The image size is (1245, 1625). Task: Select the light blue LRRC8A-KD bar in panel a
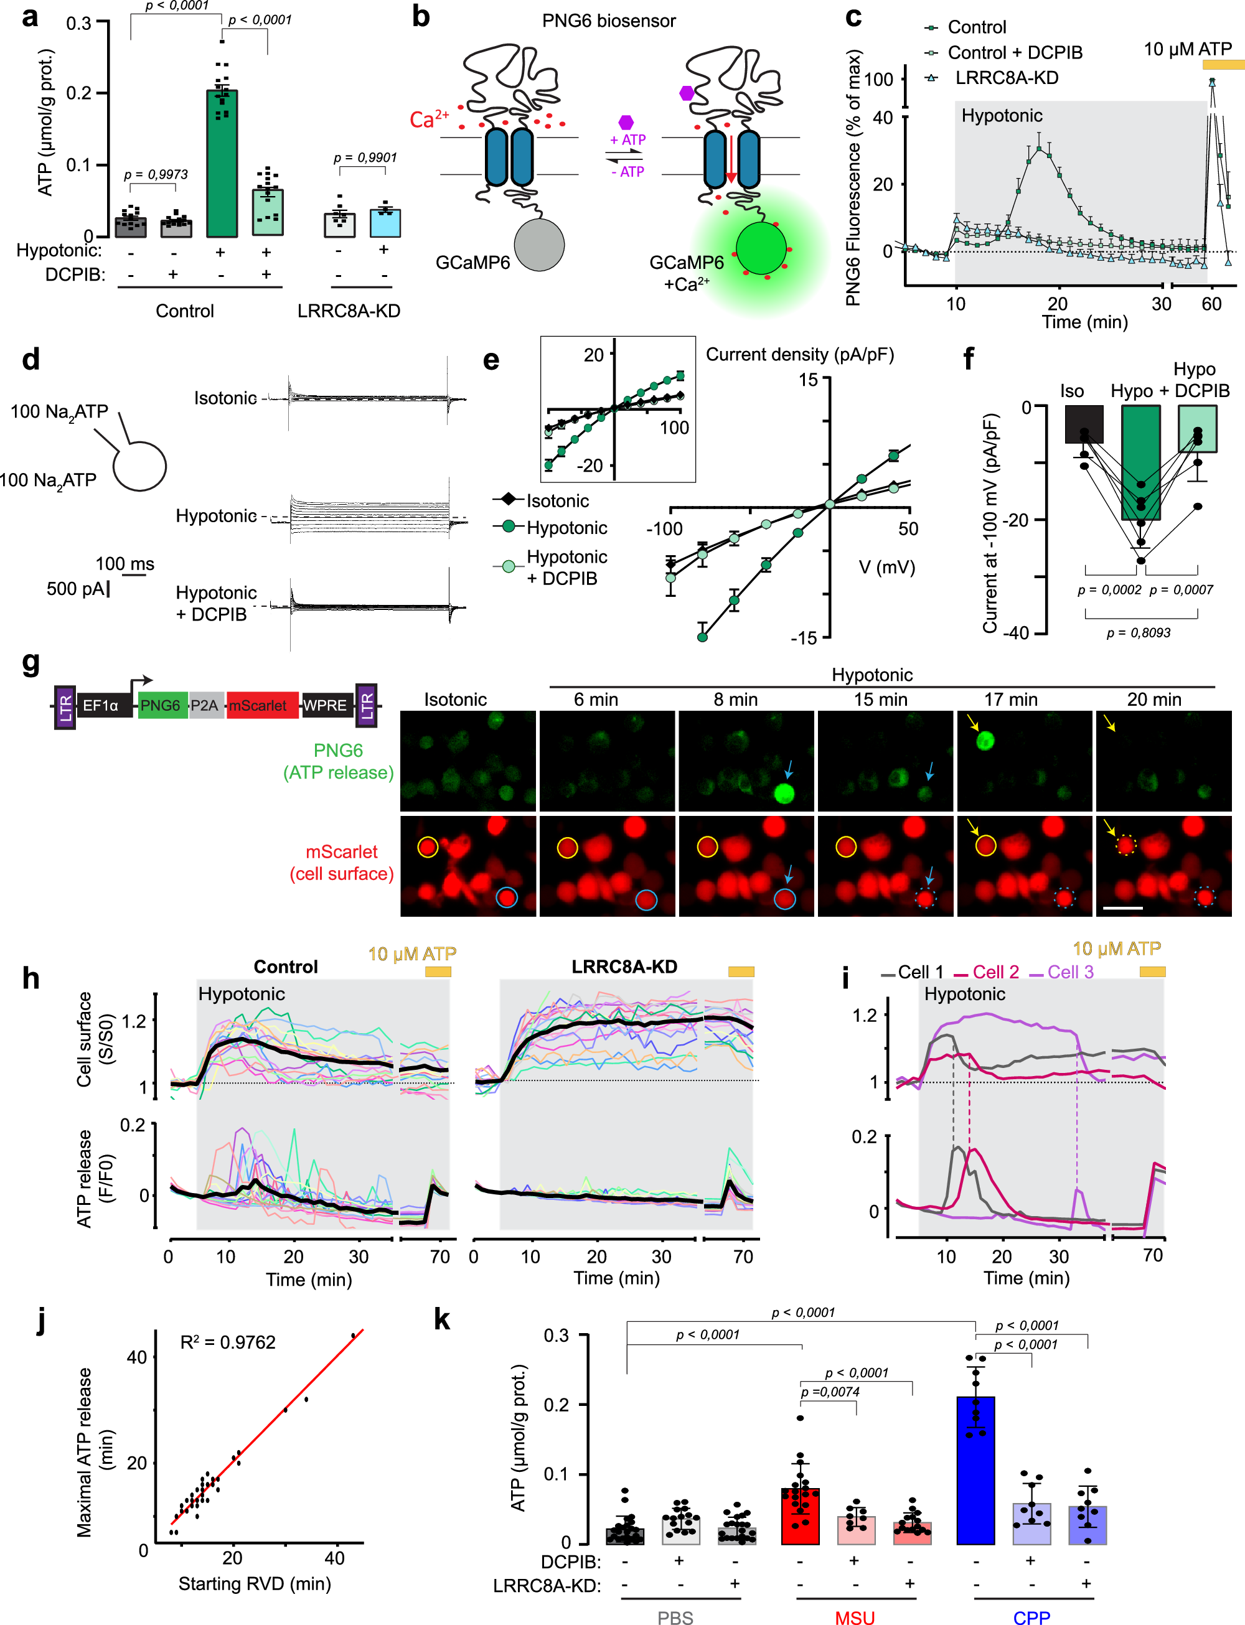click(x=385, y=223)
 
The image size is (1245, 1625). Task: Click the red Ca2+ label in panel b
click(x=428, y=118)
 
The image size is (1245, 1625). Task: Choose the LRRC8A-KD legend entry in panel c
click(x=1005, y=78)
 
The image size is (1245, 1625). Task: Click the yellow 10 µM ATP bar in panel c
click(x=1222, y=65)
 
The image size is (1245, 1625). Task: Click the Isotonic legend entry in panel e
click(x=557, y=500)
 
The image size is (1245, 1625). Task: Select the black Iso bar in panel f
click(x=1083, y=424)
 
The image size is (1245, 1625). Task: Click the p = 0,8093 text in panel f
click(x=1139, y=632)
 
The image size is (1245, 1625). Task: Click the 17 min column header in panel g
click(x=1010, y=699)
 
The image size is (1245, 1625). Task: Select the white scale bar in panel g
click(x=1123, y=907)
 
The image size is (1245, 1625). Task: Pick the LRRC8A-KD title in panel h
click(x=624, y=967)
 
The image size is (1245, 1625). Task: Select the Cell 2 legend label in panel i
click(x=995, y=972)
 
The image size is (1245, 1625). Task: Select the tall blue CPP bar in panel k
click(x=975, y=1471)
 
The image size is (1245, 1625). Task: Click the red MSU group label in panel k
click(x=855, y=1617)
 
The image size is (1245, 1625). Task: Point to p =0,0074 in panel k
click(x=830, y=1392)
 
